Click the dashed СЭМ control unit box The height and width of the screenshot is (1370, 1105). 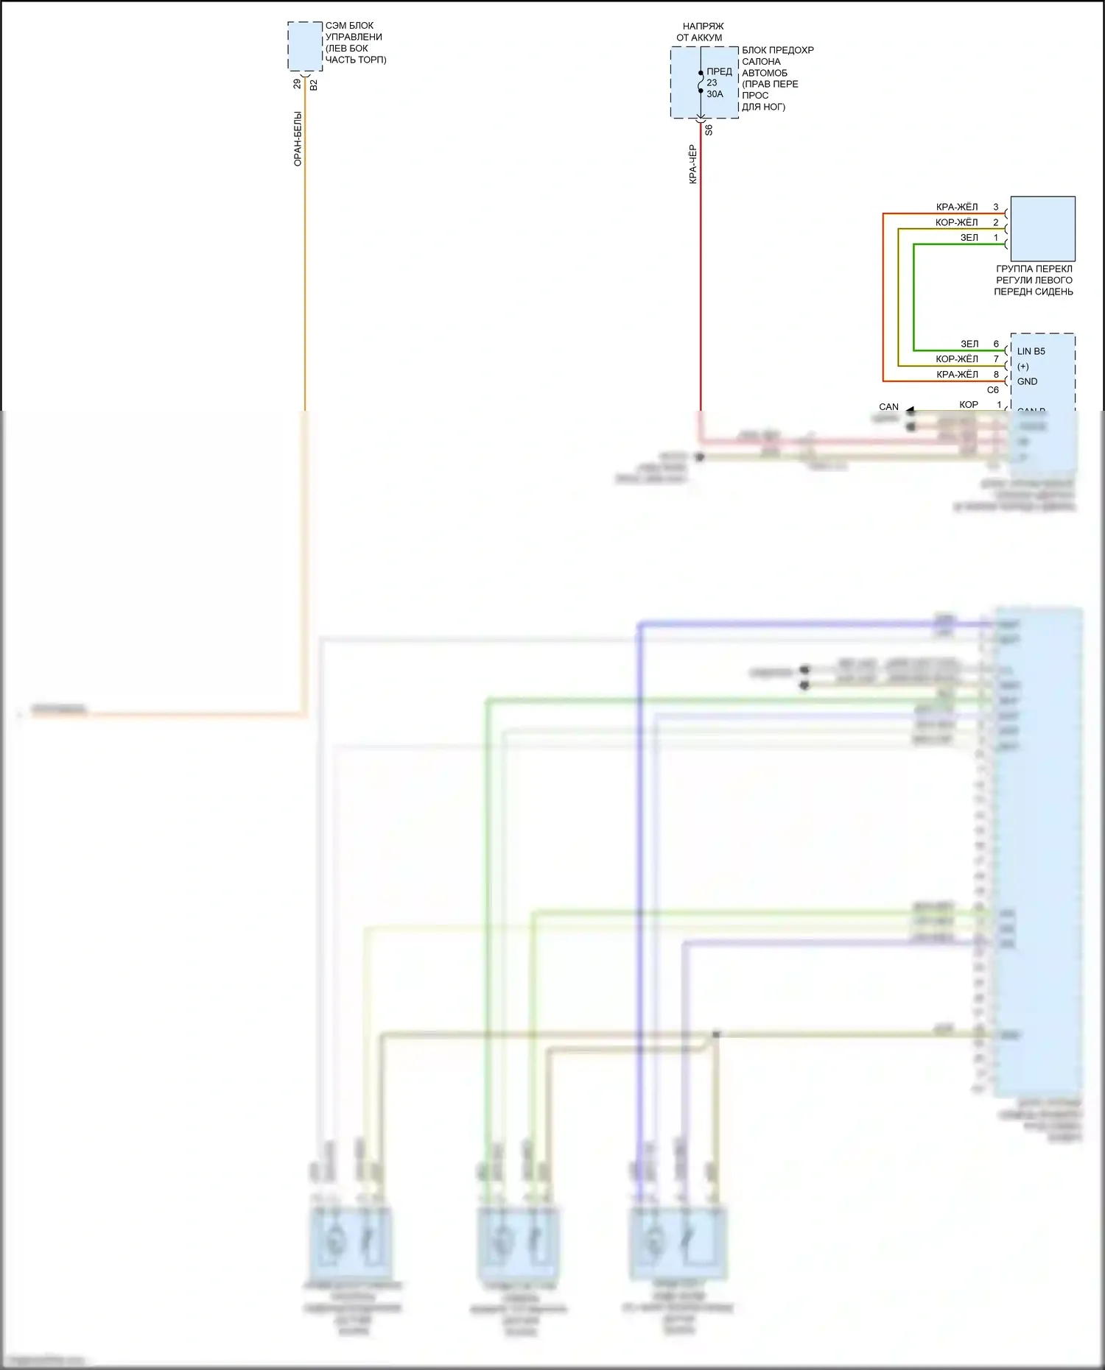(x=305, y=46)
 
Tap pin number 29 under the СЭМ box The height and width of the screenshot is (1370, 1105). (x=297, y=85)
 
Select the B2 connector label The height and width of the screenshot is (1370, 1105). (x=314, y=85)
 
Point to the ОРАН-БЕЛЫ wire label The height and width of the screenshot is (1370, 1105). (x=298, y=138)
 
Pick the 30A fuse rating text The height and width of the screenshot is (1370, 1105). (x=715, y=94)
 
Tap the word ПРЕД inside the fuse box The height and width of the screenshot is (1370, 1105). (x=719, y=71)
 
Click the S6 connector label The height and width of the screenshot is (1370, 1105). (x=709, y=130)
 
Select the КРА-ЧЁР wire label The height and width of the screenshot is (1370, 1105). (x=692, y=164)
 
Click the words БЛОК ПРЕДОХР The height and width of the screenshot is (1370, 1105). (x=778, y=50)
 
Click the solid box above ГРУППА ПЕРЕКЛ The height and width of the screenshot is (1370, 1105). (x=1042, y=228)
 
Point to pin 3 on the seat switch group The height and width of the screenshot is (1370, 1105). (x=996, y=207)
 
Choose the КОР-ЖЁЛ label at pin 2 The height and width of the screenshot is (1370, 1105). (x=956, y=222)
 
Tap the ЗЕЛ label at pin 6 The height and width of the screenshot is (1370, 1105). (x=969, y=344)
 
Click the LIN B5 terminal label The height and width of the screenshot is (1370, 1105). (x=1031, y=351)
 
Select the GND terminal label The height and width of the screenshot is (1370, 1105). (x=1027, y=381)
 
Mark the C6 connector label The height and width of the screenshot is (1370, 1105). (x=993, y=390)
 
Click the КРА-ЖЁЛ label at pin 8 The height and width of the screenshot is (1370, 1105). (x=957, y=375)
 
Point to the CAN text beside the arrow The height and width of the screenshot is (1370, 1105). (x=888, y=406)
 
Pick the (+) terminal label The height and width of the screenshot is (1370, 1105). (x=1023, y=367)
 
